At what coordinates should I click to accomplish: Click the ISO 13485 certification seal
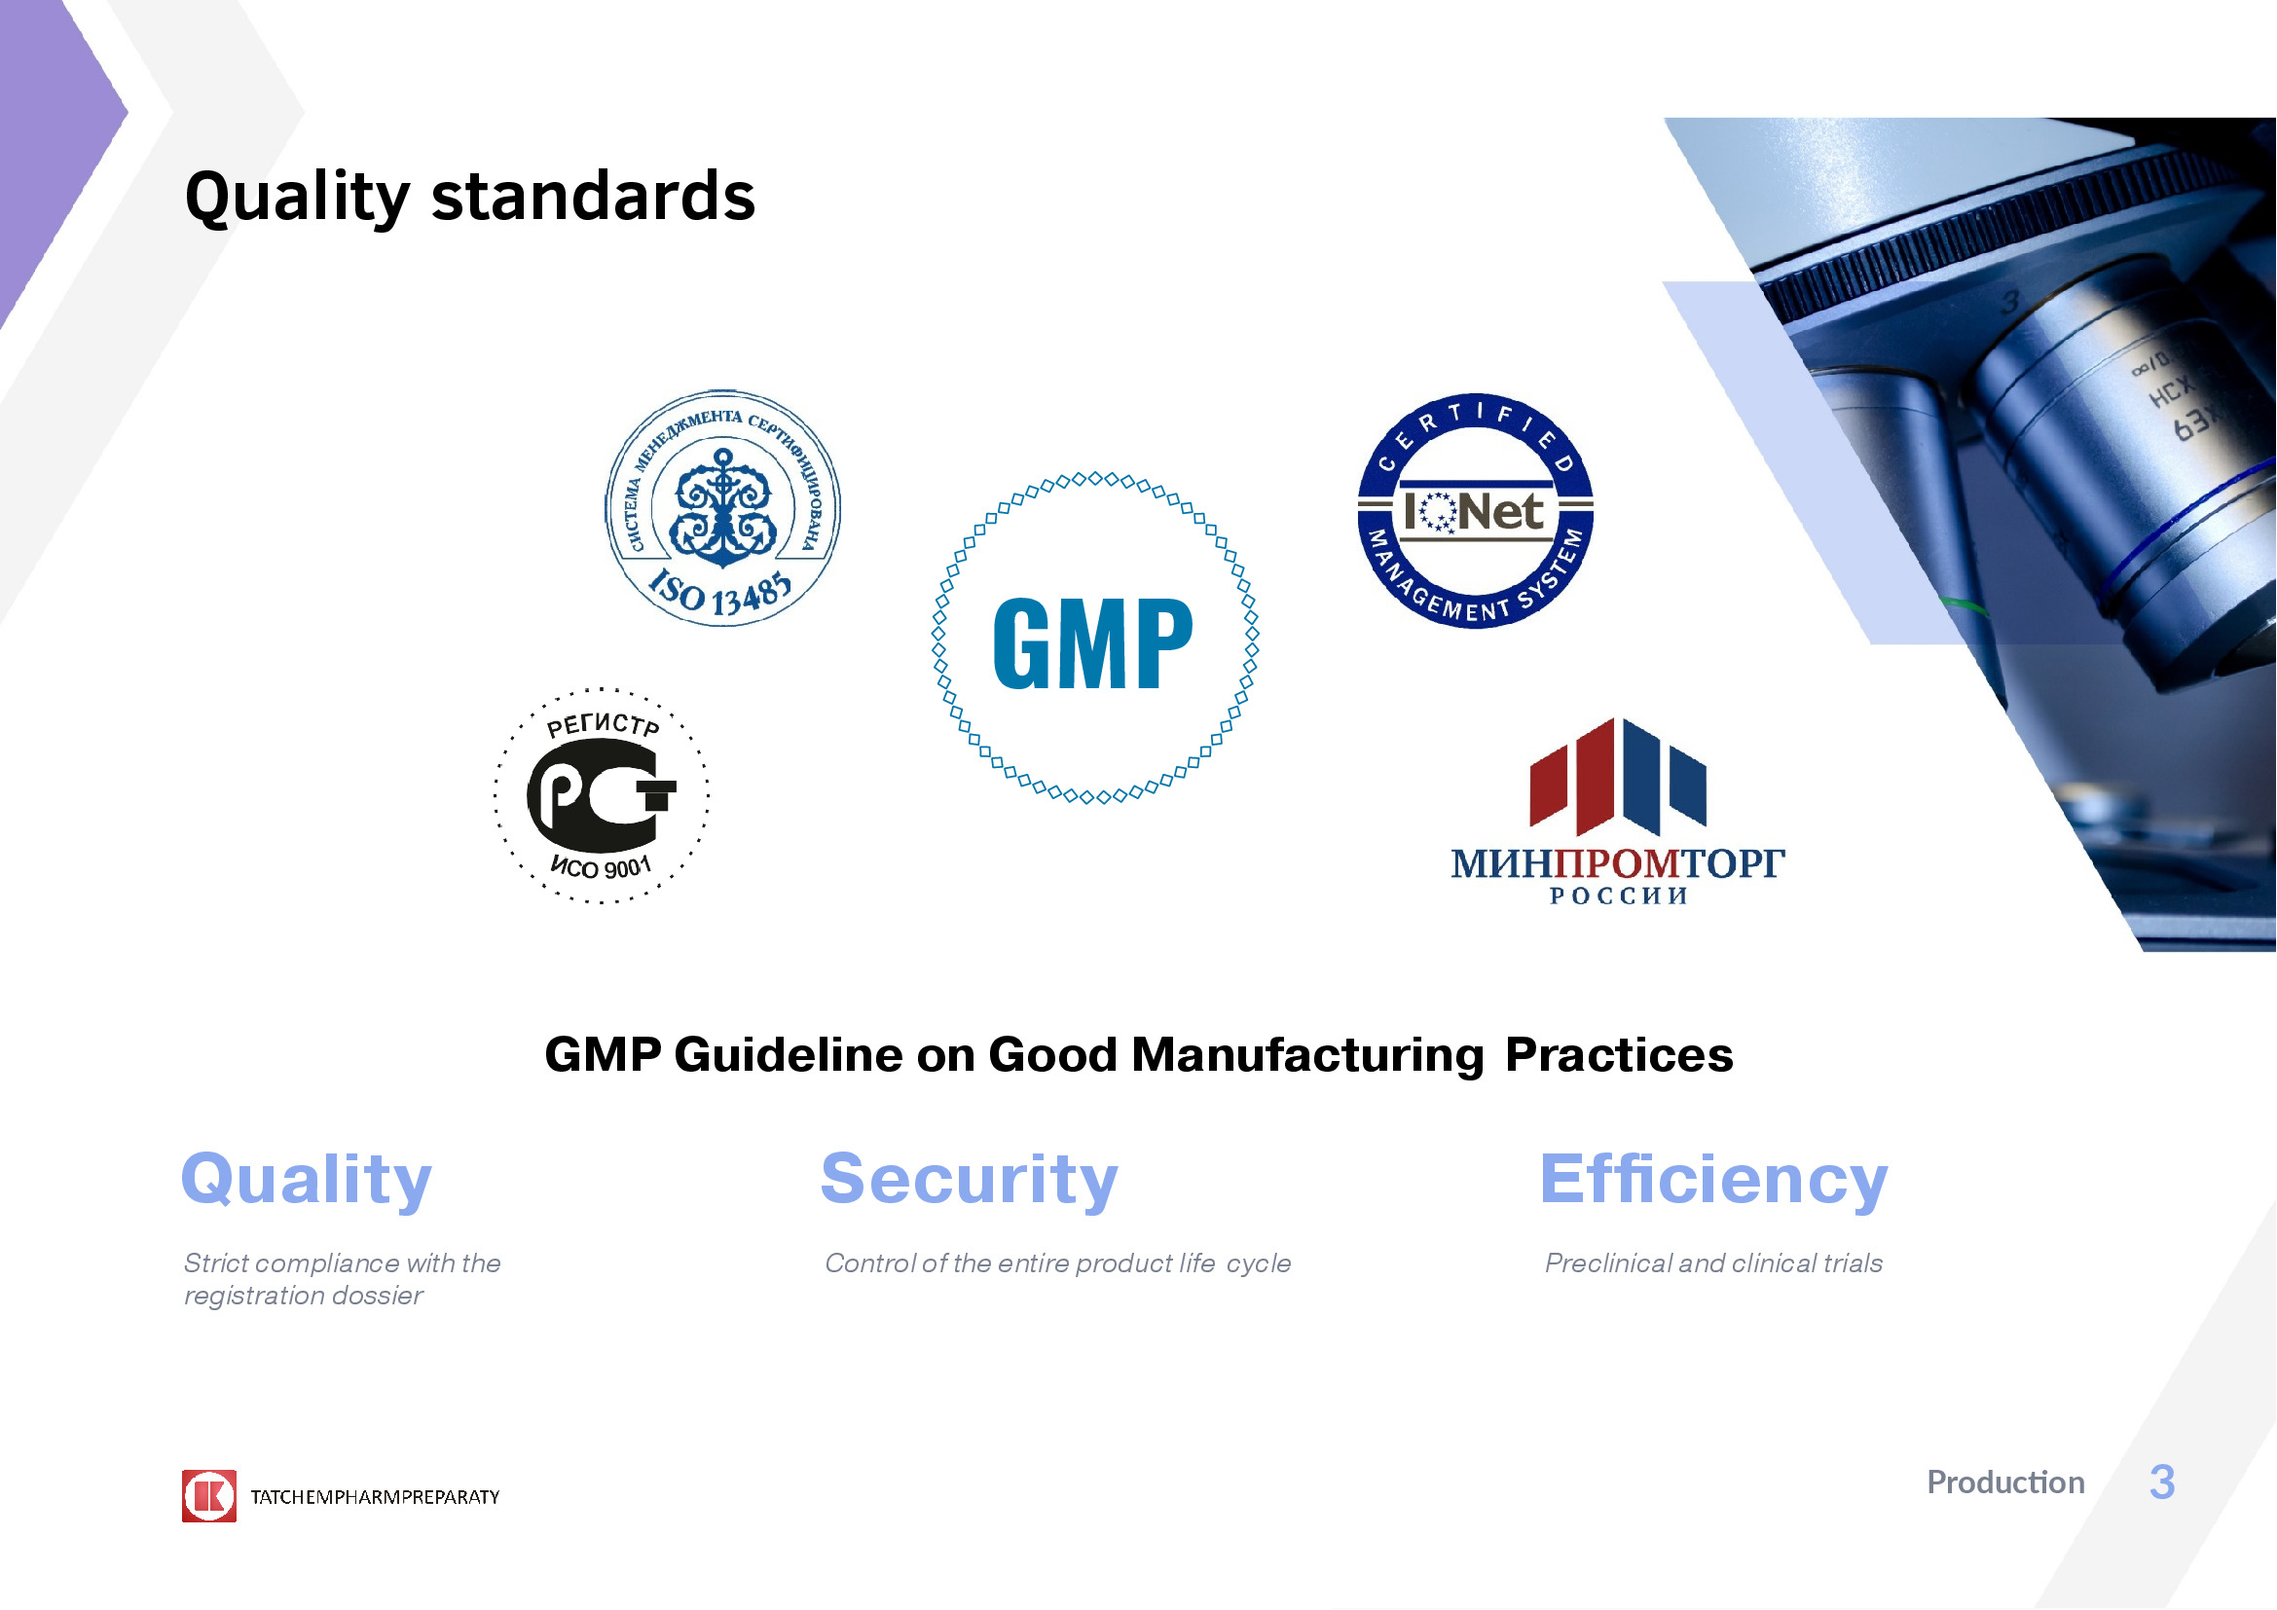coord(723,507)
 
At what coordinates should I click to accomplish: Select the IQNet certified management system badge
coord(1475,511)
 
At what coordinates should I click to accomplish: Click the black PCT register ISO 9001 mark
coord(602,796)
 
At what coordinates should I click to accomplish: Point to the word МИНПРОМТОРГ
coord(1618,863)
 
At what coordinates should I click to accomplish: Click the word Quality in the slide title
coord(297,197)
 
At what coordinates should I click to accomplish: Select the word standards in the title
coord(593,196)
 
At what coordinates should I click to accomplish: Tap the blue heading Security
coord(969,1180)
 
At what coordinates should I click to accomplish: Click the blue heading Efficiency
coord(1713,1180)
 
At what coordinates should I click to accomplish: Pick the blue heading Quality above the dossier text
coord(307,1180)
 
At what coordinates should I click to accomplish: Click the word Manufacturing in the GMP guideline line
coord(1307,1055)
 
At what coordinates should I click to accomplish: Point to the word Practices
coord(1619,1055)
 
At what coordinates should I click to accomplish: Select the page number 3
coord(2162,1482)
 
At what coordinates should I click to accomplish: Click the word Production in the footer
coord(2005,1482)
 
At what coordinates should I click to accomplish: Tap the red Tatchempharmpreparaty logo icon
coord(209,1496)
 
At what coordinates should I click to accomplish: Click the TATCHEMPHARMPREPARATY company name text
coord(375,1497)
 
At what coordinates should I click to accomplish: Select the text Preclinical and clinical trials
coord(1713,1263)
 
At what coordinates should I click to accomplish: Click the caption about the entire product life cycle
coord(1058,1264)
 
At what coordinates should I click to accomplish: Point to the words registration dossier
coord(304,1296)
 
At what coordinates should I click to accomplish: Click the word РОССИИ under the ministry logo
coord(1619,896)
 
